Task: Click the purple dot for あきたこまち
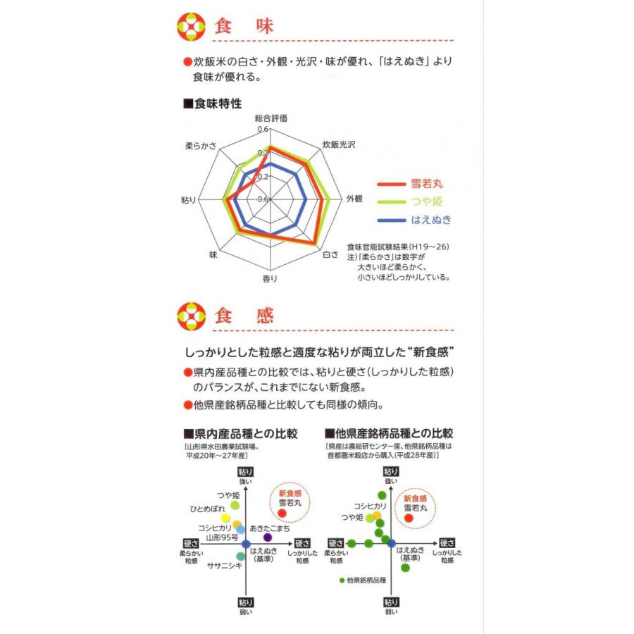click(x=268, y=537)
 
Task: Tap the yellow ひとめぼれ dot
click(x=225, y=518)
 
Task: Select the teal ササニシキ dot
click(x=241, y=557)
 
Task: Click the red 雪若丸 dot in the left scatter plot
click(x=282, y=513)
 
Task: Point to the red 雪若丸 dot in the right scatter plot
click(x=409, y=518)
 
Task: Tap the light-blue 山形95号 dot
click(x=241, y=529)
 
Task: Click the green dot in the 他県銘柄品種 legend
click(x=342, y=580)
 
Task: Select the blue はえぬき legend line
click(x=392, y=220)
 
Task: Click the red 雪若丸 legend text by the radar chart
click(x=427, y=184)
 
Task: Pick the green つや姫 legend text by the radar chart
click(x=427, y=201)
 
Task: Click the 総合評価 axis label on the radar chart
click(x=271, y=118)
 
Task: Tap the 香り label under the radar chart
click(x=270, y=278)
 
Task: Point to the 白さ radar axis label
click(x=330, y=254)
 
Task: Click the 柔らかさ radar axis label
click(x=201, y=146)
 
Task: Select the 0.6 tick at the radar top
click(x=263, y=130)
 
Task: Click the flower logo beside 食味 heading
click(x=191, y=27)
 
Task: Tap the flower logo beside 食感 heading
click(x=191, y=316)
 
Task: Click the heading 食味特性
click(x=213, y=104)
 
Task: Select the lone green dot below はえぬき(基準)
click(x=405, y=568)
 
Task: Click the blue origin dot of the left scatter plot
click(x=246, y=544)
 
